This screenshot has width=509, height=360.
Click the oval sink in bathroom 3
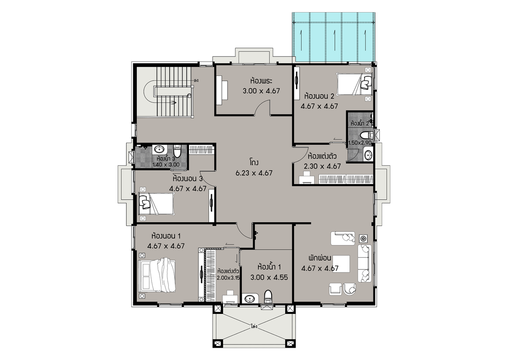(x=159, y=149)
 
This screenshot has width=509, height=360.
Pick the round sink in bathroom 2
(x=368, y=155)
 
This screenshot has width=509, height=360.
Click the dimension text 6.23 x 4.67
(x=254, y=173)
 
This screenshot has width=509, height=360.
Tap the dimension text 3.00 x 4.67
(x=261, y=91)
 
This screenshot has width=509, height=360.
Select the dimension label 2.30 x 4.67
(x=322, y=166)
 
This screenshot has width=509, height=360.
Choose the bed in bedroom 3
(x=156, y=204)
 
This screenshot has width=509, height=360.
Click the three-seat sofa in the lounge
(x=365, y=263)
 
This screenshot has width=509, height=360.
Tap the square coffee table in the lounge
(x=341, y=264)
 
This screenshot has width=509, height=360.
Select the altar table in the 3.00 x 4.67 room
(x=222, y=90)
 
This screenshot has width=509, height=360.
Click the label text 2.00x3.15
(x=228, y=278)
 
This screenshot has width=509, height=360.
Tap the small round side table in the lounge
(x=363, y=239)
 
